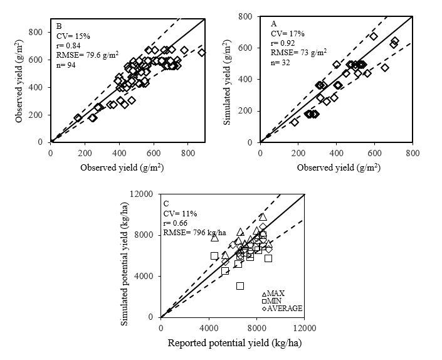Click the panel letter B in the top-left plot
[59, 26]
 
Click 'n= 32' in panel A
[282, 63]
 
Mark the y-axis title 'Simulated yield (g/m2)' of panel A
[229, 80]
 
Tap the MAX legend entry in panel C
[273, 294]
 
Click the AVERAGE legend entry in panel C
[282, 309]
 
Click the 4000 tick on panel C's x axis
[209, 327]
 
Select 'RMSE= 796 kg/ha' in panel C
[194, 233]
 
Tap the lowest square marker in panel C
[240, 286]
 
